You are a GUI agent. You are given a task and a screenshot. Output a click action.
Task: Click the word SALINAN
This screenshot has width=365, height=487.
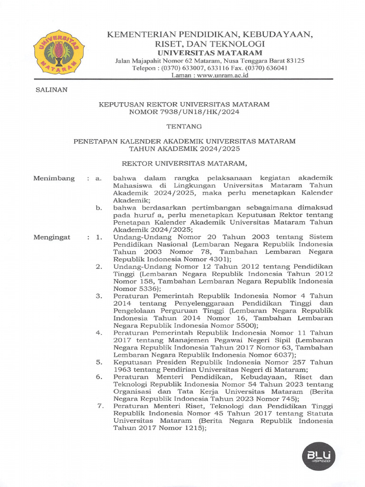click(52, 89)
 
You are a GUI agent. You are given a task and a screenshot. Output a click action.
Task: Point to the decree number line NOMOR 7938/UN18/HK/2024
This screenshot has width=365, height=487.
click(184, 112)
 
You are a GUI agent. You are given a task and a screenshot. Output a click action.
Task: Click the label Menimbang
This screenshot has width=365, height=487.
click(54, 178)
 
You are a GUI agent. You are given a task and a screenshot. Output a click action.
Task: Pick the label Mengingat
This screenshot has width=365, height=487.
click(52, 237)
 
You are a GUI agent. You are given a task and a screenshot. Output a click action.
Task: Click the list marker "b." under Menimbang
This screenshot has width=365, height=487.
click(99, 208)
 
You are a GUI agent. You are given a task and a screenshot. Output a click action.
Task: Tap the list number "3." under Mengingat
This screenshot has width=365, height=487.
click(99, 296)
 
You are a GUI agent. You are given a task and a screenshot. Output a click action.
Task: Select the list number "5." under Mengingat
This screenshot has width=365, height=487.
click(99, 362)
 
